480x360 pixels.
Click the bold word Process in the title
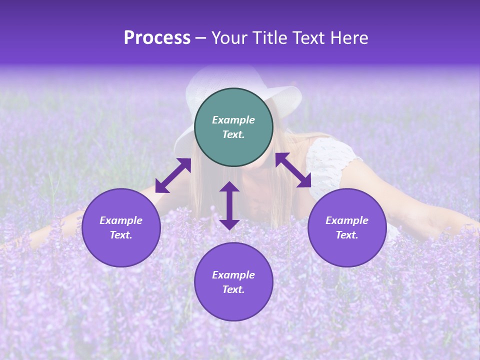click(157, 38)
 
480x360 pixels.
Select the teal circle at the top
click(233, 127)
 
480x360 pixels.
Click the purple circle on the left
click(121, 227)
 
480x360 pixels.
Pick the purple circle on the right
click(347, 227)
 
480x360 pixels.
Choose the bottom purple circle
click(233, 281)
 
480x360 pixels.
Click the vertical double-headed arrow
click(229, 205)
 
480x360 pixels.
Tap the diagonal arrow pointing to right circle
click(293, 170)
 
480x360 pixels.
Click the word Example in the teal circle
click(233, 120)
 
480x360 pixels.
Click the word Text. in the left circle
click(121, 235)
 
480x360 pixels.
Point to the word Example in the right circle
click(347, 220)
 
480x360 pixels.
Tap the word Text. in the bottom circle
click(233, 289)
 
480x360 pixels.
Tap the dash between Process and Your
click(200, 38)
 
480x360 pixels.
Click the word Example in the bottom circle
click(233, 275)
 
